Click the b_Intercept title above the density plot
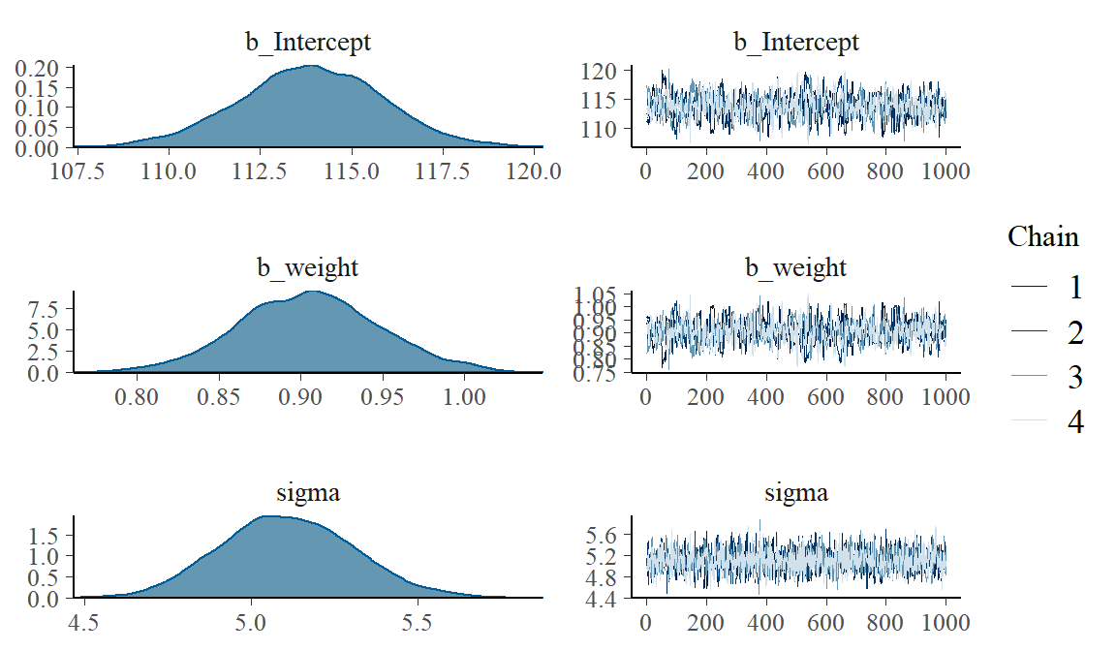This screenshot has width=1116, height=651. coord(307,42)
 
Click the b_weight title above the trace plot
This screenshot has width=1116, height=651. coord(795,267)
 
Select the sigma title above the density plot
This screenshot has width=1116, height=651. coord(307,493)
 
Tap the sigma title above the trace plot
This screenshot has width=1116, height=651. coord(795,493)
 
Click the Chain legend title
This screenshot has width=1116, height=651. coord(1042,236)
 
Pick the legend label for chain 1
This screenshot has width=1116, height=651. coord(1074,288)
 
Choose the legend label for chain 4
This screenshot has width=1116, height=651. coord(1074,422)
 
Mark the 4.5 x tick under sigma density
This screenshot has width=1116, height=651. coord(85,623)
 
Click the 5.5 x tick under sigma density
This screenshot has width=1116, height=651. coord(417,623)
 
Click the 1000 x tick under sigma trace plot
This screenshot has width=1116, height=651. coord(945,623)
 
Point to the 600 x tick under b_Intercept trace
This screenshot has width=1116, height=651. coord(825,171)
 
